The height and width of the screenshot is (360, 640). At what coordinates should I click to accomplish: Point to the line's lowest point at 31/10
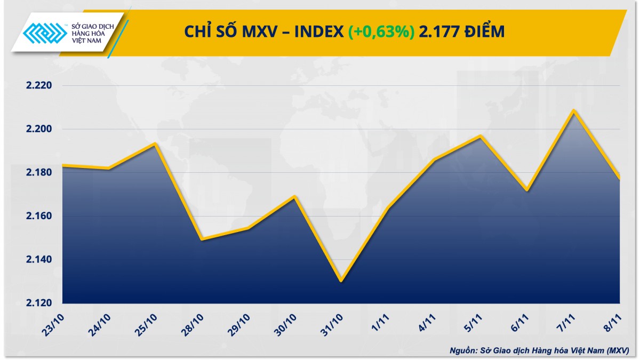click(341, 281)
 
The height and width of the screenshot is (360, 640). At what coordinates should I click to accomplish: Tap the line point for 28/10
click(201, 239)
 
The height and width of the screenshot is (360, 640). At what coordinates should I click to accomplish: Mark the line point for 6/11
click(527, 190)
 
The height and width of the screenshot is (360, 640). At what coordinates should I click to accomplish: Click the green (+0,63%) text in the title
click(381, 32)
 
